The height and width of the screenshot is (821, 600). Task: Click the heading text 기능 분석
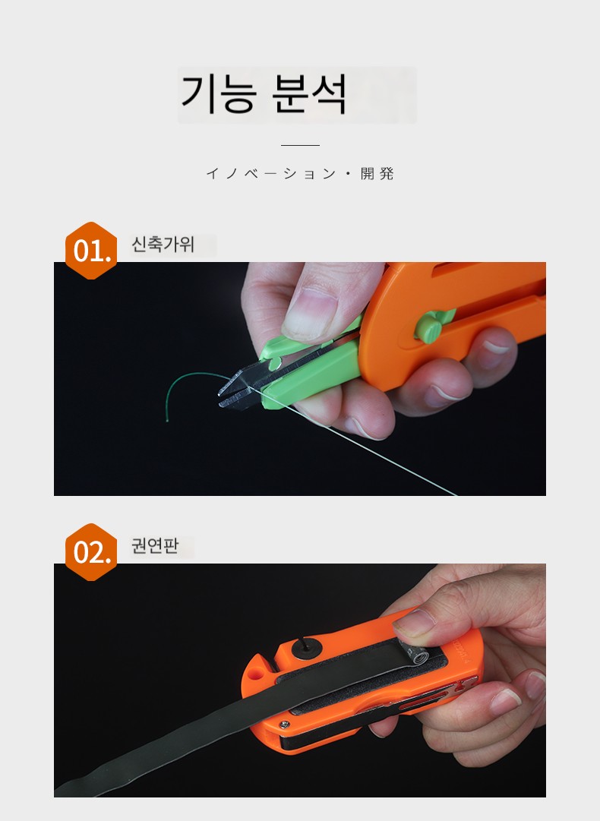coord(264,93)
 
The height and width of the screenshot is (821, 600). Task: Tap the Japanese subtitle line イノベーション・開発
coord(300,173)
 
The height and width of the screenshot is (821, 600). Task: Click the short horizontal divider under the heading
coord(300,145)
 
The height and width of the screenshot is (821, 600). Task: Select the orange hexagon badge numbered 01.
coord(91,251)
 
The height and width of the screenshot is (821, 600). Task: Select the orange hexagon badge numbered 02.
coord(91,552)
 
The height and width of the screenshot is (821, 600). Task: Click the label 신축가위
coord(163,244)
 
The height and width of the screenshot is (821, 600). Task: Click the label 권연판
coord(155,545)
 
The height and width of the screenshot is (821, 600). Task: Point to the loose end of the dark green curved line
coord(167,421)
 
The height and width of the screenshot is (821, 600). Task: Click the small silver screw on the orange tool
coord(284,724)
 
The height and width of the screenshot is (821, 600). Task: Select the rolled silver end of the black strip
coord(417,655)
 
